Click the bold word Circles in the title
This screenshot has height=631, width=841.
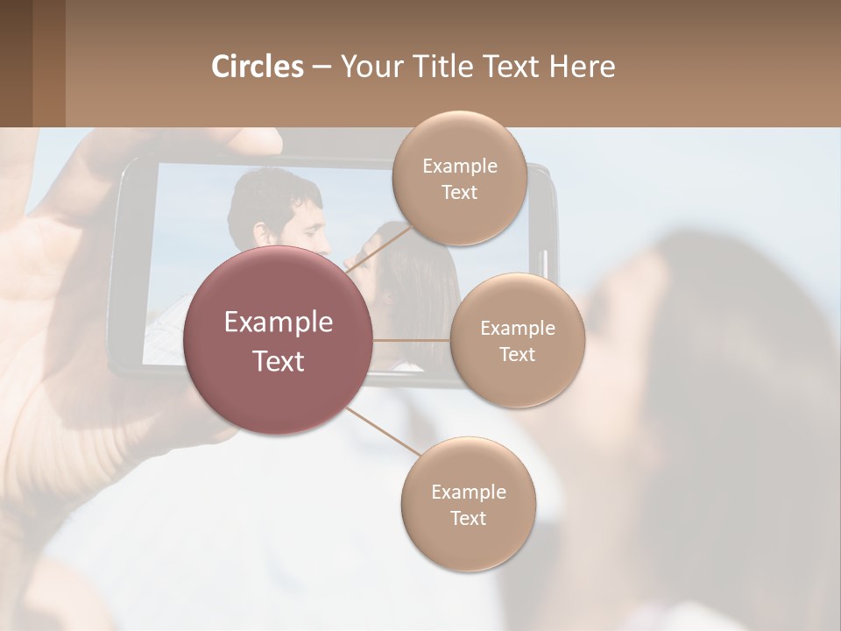click(257, 67)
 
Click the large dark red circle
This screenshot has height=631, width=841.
click(278, 340)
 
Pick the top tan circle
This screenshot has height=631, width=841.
click(459, 179)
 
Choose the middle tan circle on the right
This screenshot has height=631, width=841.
click(517, 341)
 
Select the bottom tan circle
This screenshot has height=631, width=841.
click(468, 505)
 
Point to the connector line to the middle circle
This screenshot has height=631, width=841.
click(411, 340)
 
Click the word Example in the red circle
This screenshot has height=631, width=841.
click(278, 322)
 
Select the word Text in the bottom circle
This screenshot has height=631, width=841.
click(468, 518)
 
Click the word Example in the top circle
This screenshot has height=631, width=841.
click(459, 166)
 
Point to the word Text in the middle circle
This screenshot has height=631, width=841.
click(517, 354)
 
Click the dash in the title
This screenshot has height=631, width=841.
click(321, 67)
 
